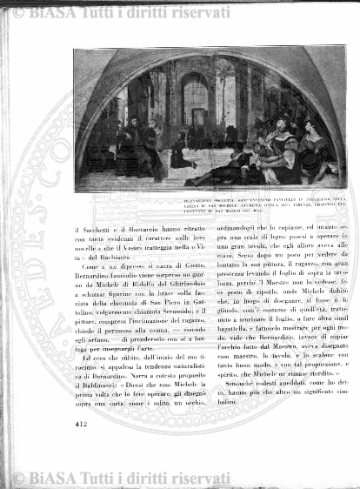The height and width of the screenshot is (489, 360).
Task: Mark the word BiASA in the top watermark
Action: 47,13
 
